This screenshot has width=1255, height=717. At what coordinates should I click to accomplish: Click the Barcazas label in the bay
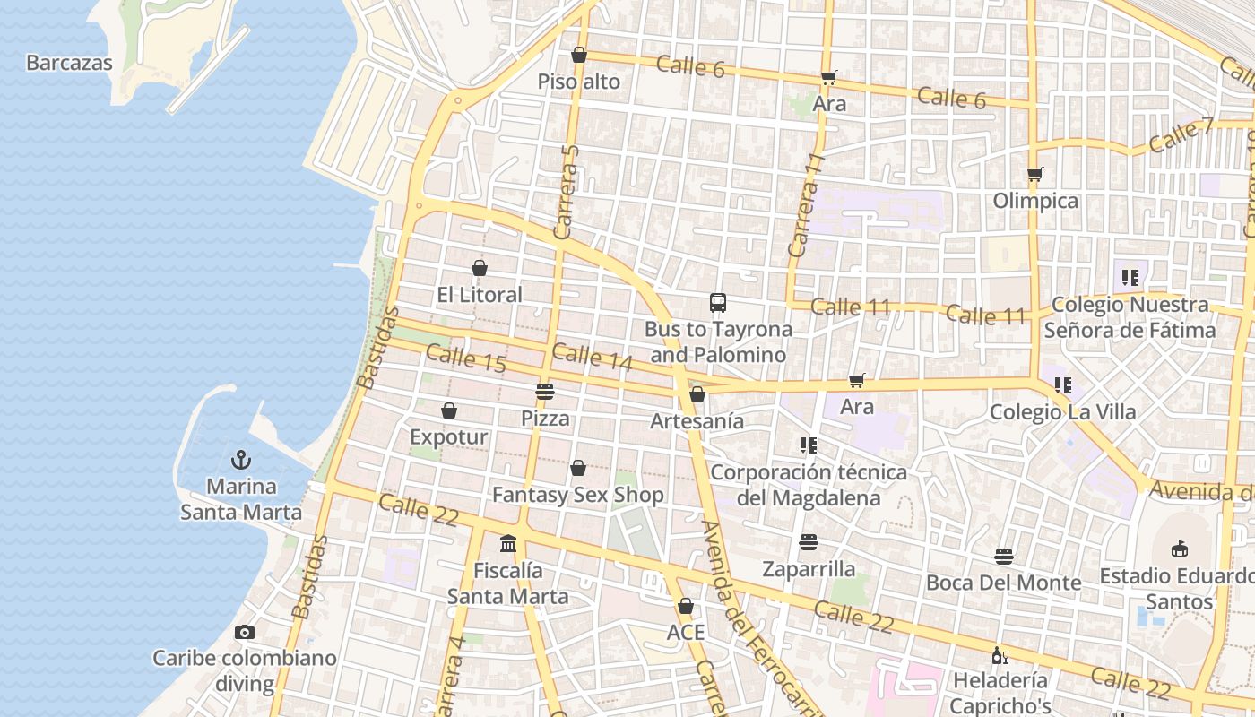coord(69,63)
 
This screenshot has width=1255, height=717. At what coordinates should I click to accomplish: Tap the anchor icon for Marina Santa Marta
coord(240,461)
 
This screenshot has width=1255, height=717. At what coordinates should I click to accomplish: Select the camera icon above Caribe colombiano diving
coord(244,633)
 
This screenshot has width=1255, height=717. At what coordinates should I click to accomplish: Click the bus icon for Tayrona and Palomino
coord(718,303)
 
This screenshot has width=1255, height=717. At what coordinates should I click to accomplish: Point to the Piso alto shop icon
coord(579,55)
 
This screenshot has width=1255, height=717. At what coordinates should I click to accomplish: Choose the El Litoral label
coord(480,295)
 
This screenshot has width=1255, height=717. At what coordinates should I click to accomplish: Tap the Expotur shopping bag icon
coord(449,410)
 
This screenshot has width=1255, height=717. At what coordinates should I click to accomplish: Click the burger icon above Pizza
coord(545,391)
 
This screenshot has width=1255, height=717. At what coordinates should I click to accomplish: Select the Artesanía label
coord(697,421)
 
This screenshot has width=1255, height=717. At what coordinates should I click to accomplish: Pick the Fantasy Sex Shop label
coord(578,495)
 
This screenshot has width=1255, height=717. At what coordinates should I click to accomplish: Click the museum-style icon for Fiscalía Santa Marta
coord(508,543)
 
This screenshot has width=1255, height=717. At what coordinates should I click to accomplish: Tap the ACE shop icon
coord(686,607)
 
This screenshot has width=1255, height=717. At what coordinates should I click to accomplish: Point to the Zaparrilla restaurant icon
coord(809,542)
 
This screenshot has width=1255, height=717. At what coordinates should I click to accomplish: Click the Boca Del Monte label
coord(1004,583)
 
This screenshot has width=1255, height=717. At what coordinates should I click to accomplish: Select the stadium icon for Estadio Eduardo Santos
coord(1180,549)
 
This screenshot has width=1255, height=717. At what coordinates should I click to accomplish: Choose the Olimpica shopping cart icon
coord(1035,174)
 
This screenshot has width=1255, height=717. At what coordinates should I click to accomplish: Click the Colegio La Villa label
coord(1063,412)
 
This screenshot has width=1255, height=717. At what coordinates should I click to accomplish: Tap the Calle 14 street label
coord(593,357)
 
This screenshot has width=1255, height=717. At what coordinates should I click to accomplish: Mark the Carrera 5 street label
coord(567,192)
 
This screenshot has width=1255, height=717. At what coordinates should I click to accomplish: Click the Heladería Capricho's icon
coord(1000,655)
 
